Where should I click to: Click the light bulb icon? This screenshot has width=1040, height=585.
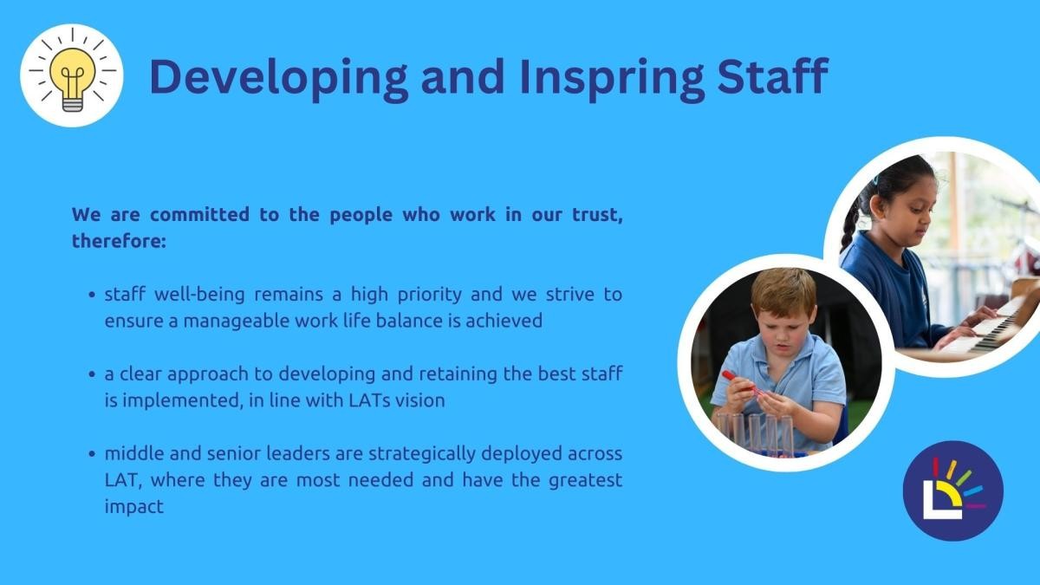click(x=72, y=75)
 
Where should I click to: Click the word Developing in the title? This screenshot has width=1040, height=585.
click(x=278, y=77)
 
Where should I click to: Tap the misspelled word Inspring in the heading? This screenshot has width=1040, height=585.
click(x=612, y=77)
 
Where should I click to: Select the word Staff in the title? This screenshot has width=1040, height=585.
click(x=772, y=75)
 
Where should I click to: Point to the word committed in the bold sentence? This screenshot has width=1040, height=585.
click(x=199, y=215)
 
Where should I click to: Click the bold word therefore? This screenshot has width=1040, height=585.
click(x=119, y=241)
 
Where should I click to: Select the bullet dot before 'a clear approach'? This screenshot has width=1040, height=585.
click(x=92, y=374)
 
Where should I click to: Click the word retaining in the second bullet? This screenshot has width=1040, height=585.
click(x=458, y=374)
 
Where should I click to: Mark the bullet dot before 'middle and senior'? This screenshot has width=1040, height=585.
click(x=92, y=453)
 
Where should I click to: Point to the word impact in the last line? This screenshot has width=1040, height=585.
click(x=134, y=507)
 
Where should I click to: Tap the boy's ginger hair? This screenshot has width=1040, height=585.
click(x=783, y=291)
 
